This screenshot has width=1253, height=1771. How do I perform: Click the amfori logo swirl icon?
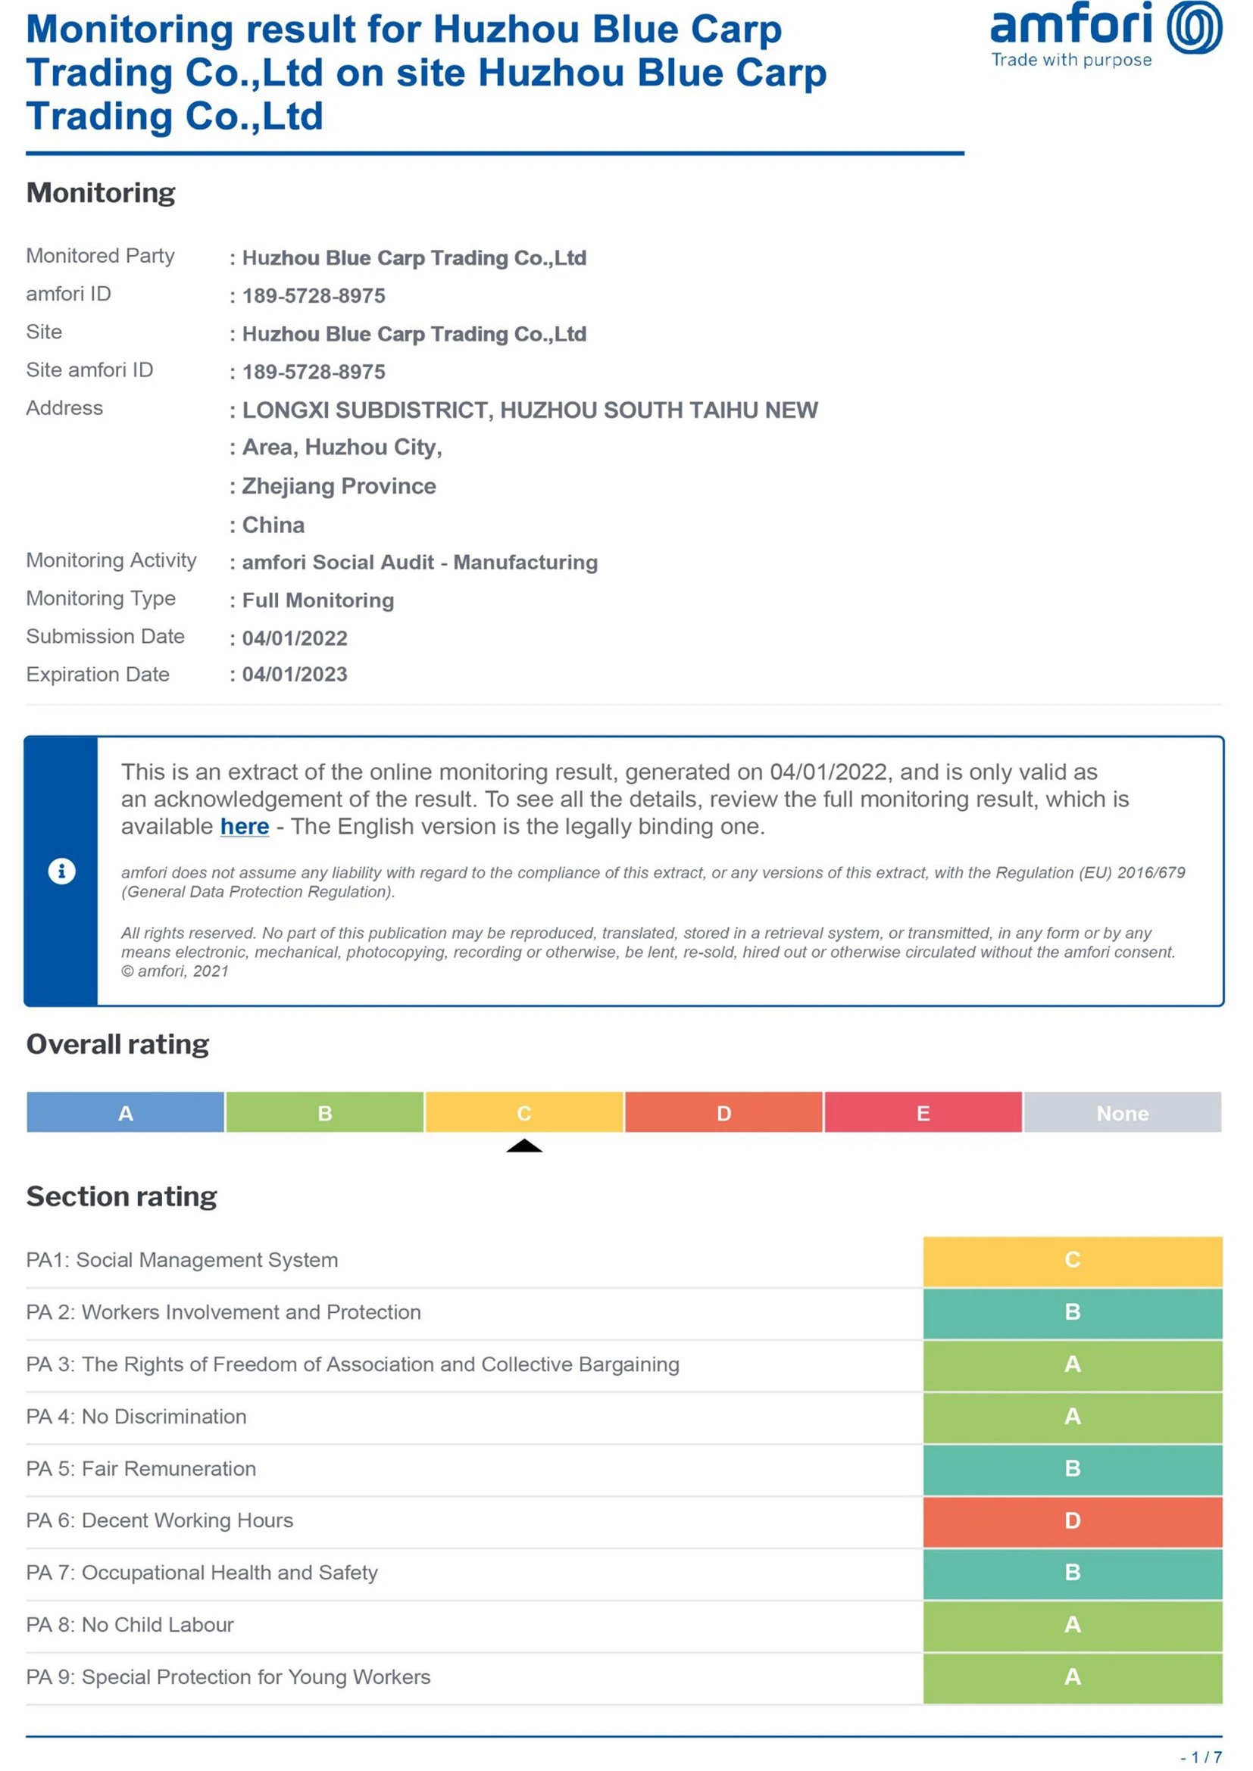click(x=1194, y=28)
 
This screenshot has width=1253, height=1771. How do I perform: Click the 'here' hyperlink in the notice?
click(x=245, y=826)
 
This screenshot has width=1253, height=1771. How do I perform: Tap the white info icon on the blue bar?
click(x=61, y=871)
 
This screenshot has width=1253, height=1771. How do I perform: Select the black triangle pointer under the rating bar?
click(x=524, y=1146)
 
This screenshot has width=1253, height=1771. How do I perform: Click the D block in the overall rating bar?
click(x=723, y=1113)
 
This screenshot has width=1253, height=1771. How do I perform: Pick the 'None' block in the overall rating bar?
click(x=1122, y=1113)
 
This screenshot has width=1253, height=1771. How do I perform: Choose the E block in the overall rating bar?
click(x=923, y=1113)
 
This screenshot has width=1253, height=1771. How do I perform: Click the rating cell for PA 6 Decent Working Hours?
click(x=1073, y=1520)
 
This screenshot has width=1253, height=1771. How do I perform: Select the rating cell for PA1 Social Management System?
click(x=1073, y=1260)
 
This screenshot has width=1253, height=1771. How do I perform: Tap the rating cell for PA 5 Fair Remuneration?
click(x=1073, y=1469)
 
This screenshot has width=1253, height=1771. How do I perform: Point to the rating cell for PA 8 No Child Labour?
click(x=1073, y=1624)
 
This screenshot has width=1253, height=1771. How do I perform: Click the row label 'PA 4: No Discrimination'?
click(x=136, y=1416)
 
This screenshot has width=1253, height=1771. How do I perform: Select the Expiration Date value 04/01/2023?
click(x=295, y=674)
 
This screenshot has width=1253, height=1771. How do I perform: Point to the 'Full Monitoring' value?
click(x=318, y=600)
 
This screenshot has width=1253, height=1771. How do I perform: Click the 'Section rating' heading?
click(x=122, y=1196)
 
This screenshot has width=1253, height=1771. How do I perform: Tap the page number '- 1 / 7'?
click(x=1201, y=1757)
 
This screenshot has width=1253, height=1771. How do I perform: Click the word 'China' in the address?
click(x=273, y=525)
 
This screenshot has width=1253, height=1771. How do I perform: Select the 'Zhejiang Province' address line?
click(x=339, y=486)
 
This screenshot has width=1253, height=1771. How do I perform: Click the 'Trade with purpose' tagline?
click(x=1071, y=60)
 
